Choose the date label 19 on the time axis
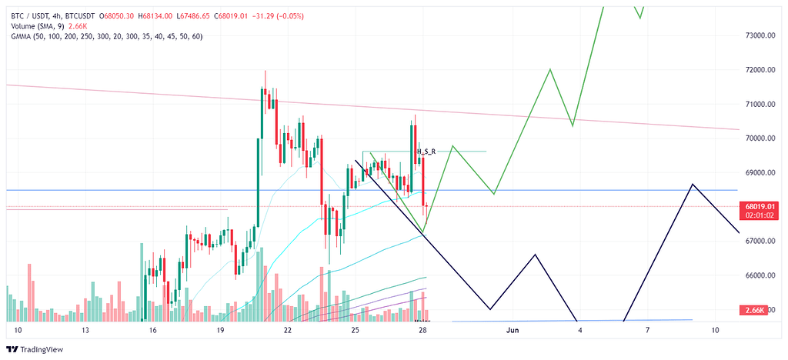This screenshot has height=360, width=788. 221,330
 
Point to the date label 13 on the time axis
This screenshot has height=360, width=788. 85,330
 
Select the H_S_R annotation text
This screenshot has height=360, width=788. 426,152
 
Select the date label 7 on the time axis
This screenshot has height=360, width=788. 647,330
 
